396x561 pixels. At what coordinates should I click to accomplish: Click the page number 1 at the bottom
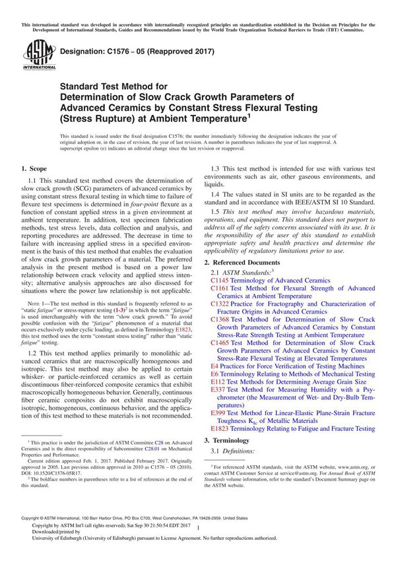(x=198, y=539)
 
